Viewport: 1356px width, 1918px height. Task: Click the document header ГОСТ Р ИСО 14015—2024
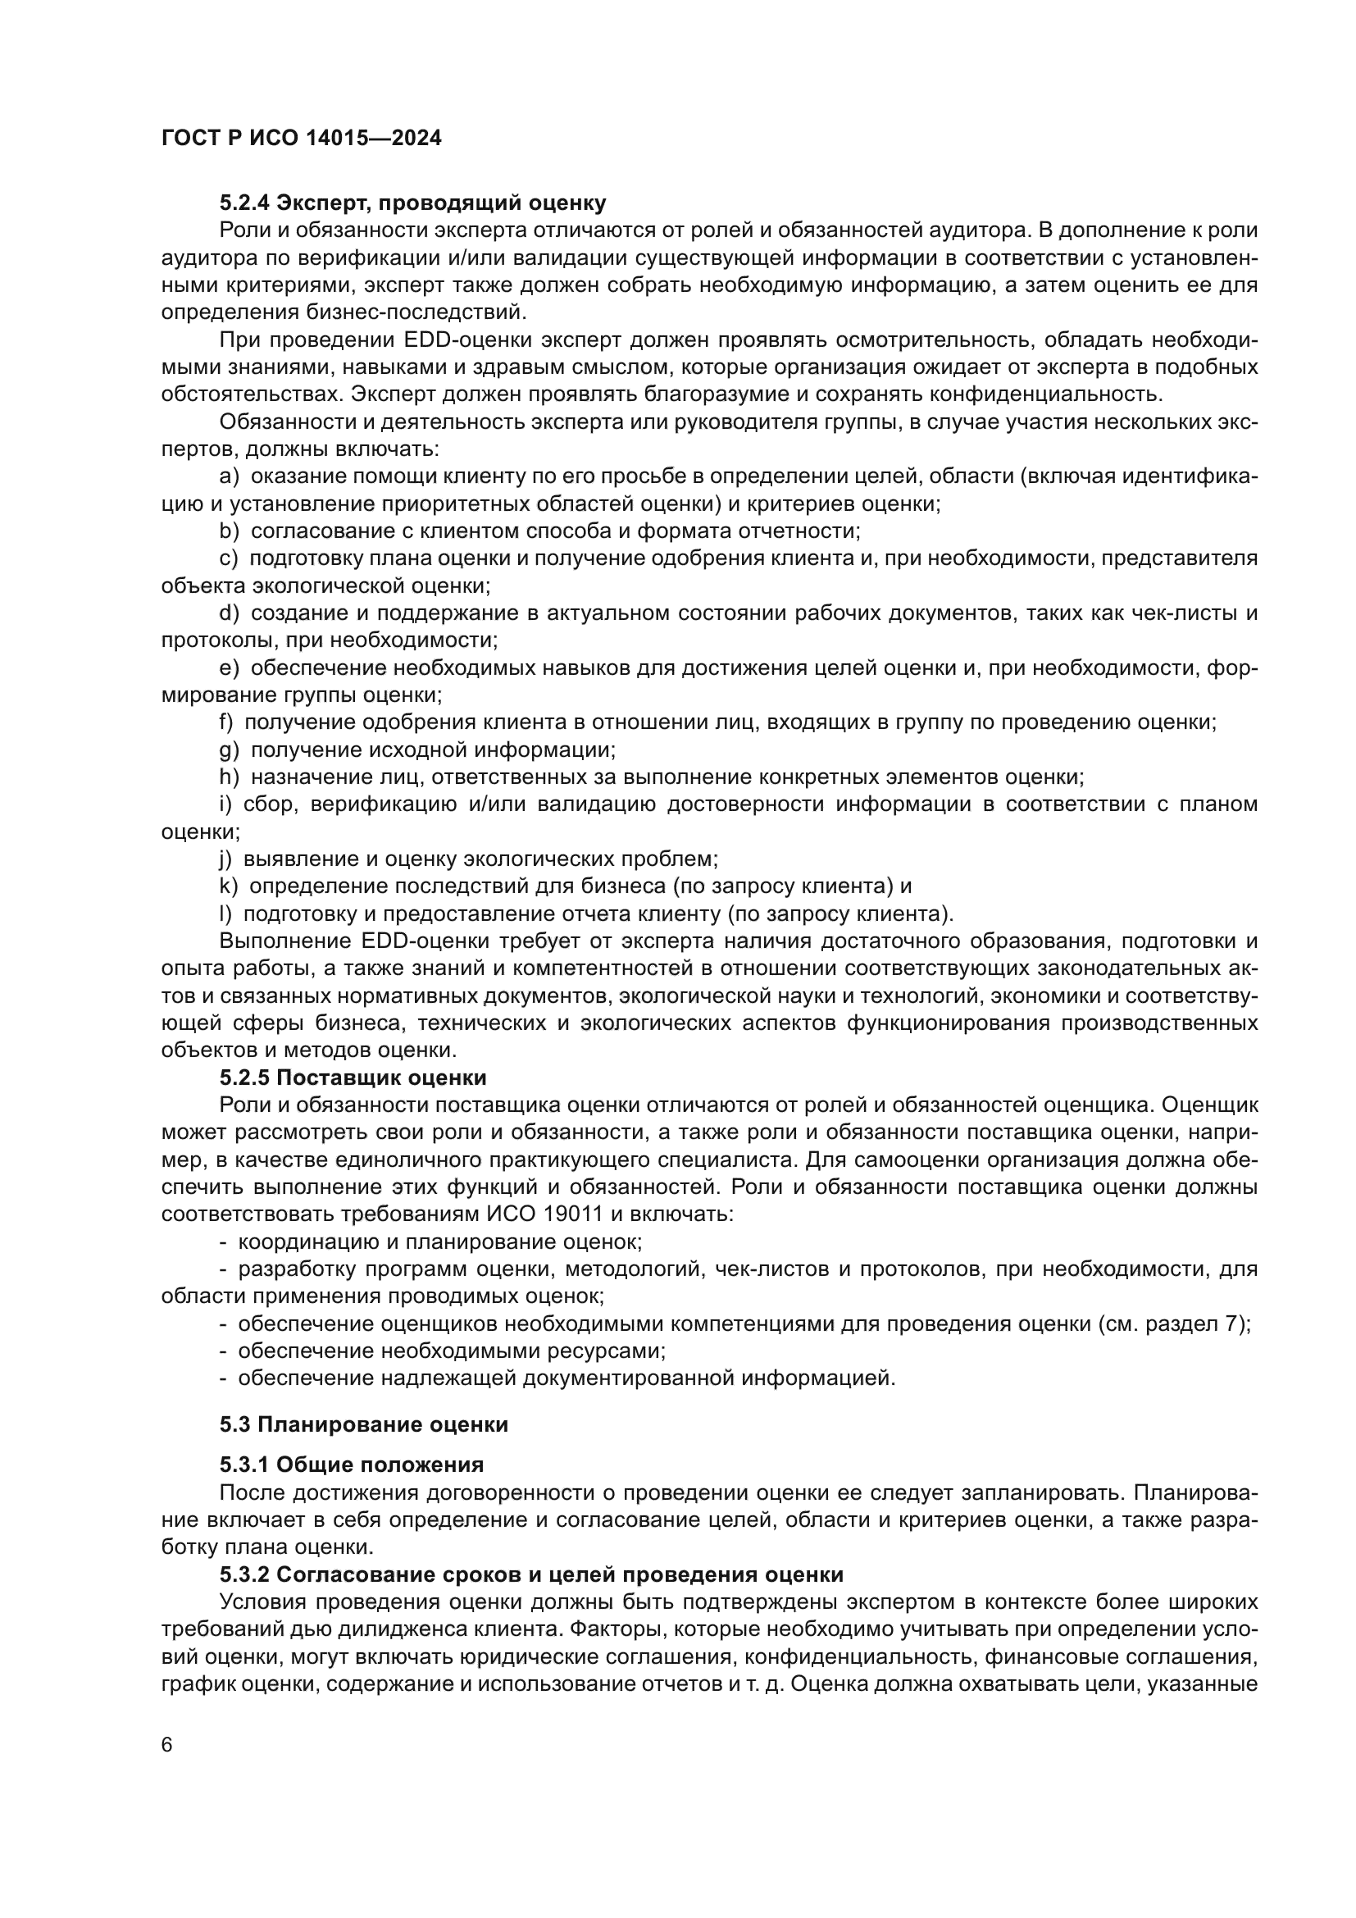pos(302,139)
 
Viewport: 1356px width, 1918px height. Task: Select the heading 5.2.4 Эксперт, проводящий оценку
pos(412,203)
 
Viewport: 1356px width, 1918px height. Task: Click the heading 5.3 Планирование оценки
pos(364,1424)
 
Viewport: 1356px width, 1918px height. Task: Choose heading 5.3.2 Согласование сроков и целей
pos(531,1574)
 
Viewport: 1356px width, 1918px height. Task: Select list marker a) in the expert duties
pos(229,476)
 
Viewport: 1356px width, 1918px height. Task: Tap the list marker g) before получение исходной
pos(229,750)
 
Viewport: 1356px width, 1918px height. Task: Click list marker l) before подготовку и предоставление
pos(225,913)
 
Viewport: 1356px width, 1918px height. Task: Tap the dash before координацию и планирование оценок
pos(223,1241)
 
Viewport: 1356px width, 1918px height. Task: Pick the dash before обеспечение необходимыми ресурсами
pos(223,1351)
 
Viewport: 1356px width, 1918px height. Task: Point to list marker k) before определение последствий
pos(228,886)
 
